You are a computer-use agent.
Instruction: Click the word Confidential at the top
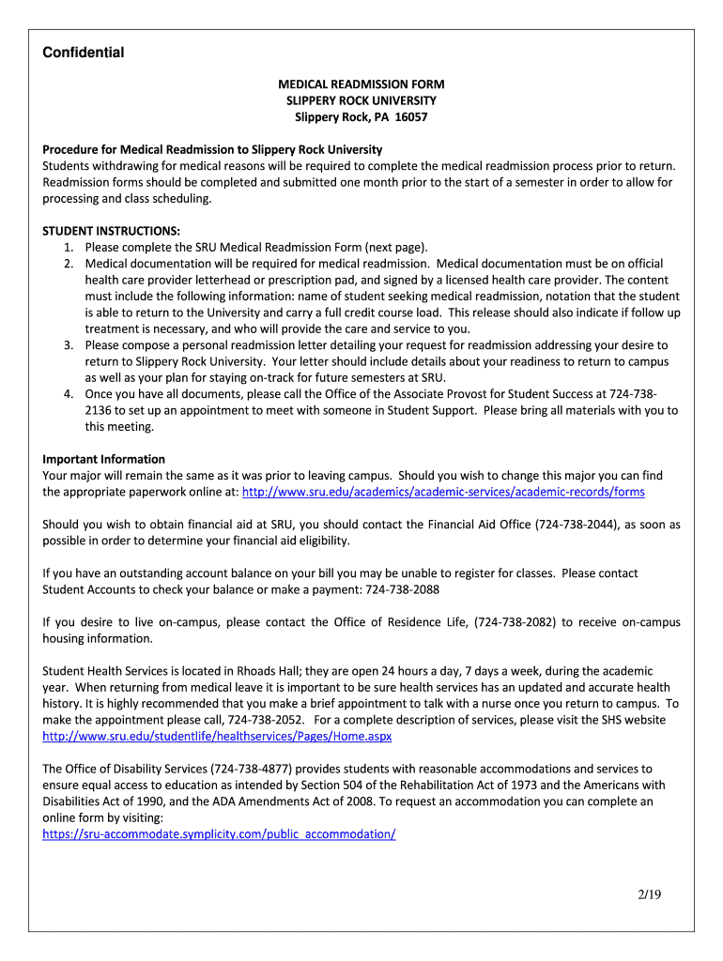pyautogui.click(x=84, y=53)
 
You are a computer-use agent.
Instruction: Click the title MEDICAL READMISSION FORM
pyautogui.click(x=361, y=84)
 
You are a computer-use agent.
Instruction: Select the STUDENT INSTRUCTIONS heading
pyautogui.click(x=111, y=231)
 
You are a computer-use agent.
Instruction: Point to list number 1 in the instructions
pyautogui.click(x=69, y=248)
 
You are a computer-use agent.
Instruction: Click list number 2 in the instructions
pyautogui.click(x=69, y=264)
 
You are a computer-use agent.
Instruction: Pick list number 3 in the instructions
pyautogui.click(x=69, y=345)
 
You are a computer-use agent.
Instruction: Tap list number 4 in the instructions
pyautogui.click(x=69, y=394)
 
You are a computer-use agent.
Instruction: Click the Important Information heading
pyautogui.click(x=103, y=459)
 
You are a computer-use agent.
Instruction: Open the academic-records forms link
pyautogui.click(x=443, y=492)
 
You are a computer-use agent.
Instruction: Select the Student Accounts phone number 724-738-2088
pyautogui.click(x=402, y=589)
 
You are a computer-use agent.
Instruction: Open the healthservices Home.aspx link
pyautogui.click(x=217, y=736)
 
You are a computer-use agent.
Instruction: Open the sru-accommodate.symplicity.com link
pyautogui.click(x=219, y=833)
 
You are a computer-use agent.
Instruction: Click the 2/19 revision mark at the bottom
pyautogui.click(x=648, y=894)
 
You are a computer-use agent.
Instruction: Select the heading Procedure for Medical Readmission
pyautogui.click(x=212, y=149)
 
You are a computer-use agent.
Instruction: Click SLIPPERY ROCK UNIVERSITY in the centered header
pyautogui.click(x=361, y=100)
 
